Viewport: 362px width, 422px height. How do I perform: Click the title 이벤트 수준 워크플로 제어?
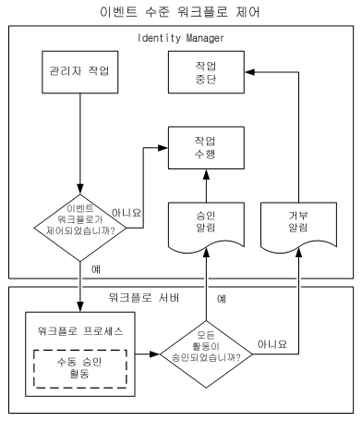pos(181,12)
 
